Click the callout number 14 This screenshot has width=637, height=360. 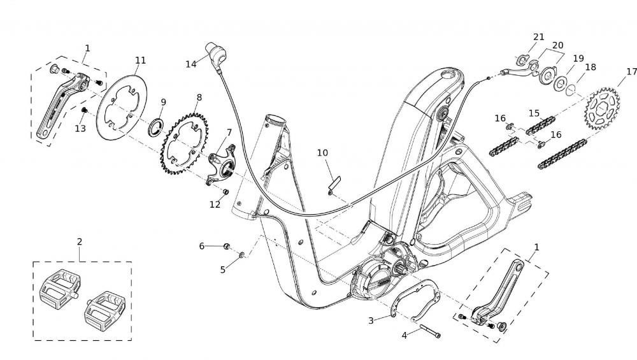191,64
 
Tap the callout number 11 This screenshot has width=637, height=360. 140,61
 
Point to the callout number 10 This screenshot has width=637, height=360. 322,153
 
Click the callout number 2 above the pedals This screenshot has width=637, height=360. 79,241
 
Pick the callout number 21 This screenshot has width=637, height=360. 539,37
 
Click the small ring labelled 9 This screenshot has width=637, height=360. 155,127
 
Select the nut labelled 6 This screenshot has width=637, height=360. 226,245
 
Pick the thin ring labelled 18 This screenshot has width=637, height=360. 572,88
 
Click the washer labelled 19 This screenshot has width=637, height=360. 561,83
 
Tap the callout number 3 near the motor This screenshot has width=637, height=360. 371,320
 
